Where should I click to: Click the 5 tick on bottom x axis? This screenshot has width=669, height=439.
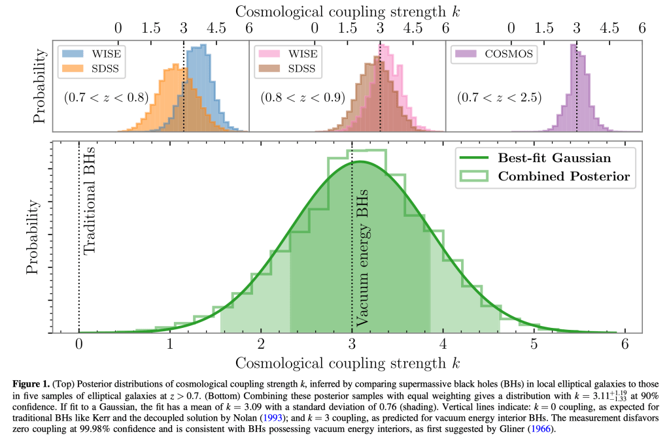(x=534, y=344)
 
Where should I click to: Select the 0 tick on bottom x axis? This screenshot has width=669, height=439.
(x=78, y=344)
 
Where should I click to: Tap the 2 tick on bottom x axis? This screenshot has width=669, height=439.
(x=261, y=344)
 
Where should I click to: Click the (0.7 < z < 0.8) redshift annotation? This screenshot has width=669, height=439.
(x=107, y=98)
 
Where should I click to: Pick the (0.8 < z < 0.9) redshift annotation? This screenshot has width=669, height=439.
(x=303, y=98)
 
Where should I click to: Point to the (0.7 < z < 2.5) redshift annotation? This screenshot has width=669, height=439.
(x=499, y=98)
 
